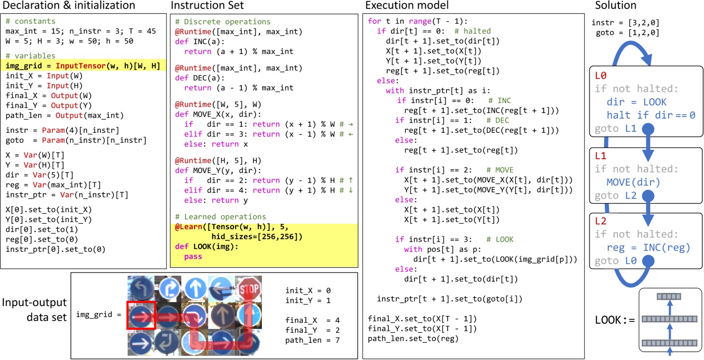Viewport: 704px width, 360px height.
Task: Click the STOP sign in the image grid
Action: (249, 289)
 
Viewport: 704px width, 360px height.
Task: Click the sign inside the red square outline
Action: (141, 315)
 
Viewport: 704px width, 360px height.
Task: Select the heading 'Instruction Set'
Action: (207, 5)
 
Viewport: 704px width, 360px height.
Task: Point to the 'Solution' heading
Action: (615, 5)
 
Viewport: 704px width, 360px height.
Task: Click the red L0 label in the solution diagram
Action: (600, 76)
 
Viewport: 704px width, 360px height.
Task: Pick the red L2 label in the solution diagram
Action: (600, 221)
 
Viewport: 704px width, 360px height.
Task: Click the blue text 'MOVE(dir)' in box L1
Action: (633, 182)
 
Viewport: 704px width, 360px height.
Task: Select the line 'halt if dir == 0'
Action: (650, 115)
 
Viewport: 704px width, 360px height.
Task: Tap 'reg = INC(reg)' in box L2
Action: (648, 248)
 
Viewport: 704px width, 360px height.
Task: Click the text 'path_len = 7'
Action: (312, 340)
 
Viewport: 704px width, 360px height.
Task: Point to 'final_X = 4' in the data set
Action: (312, 320)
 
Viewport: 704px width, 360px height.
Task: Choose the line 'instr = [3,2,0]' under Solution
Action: (625, 23)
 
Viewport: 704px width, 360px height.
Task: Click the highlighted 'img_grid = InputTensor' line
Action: (83, 66)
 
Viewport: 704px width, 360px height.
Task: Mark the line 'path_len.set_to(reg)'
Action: (413, 339)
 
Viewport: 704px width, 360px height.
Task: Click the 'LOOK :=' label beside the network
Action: (615, 320)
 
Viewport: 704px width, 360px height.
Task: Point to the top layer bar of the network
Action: (669, 297)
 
